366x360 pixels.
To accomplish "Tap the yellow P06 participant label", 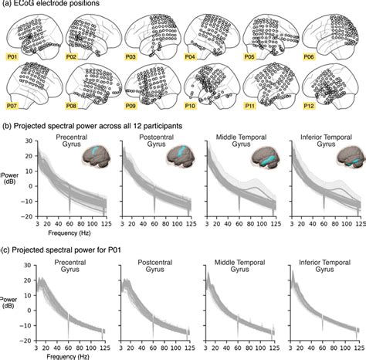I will pos(313,56).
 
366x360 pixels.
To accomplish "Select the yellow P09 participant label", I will pos(134,106).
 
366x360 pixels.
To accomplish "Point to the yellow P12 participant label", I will pos(313,106).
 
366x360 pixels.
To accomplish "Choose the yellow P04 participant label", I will pos(193,56).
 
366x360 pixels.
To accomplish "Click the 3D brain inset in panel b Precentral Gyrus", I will pos(99,157).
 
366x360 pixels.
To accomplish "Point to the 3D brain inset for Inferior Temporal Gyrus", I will pos(344,157).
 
